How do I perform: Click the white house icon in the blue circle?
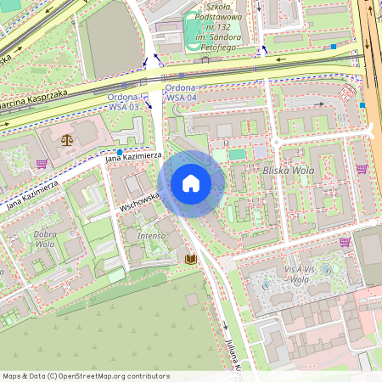click(191, 183)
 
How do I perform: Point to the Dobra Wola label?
click(44, 239)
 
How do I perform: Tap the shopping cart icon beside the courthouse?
click(42, 164)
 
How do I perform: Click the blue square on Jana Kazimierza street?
click(120, 152)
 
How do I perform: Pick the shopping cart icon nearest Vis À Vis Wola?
click(345, 241)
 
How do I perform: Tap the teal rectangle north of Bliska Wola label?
click(237, 154)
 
